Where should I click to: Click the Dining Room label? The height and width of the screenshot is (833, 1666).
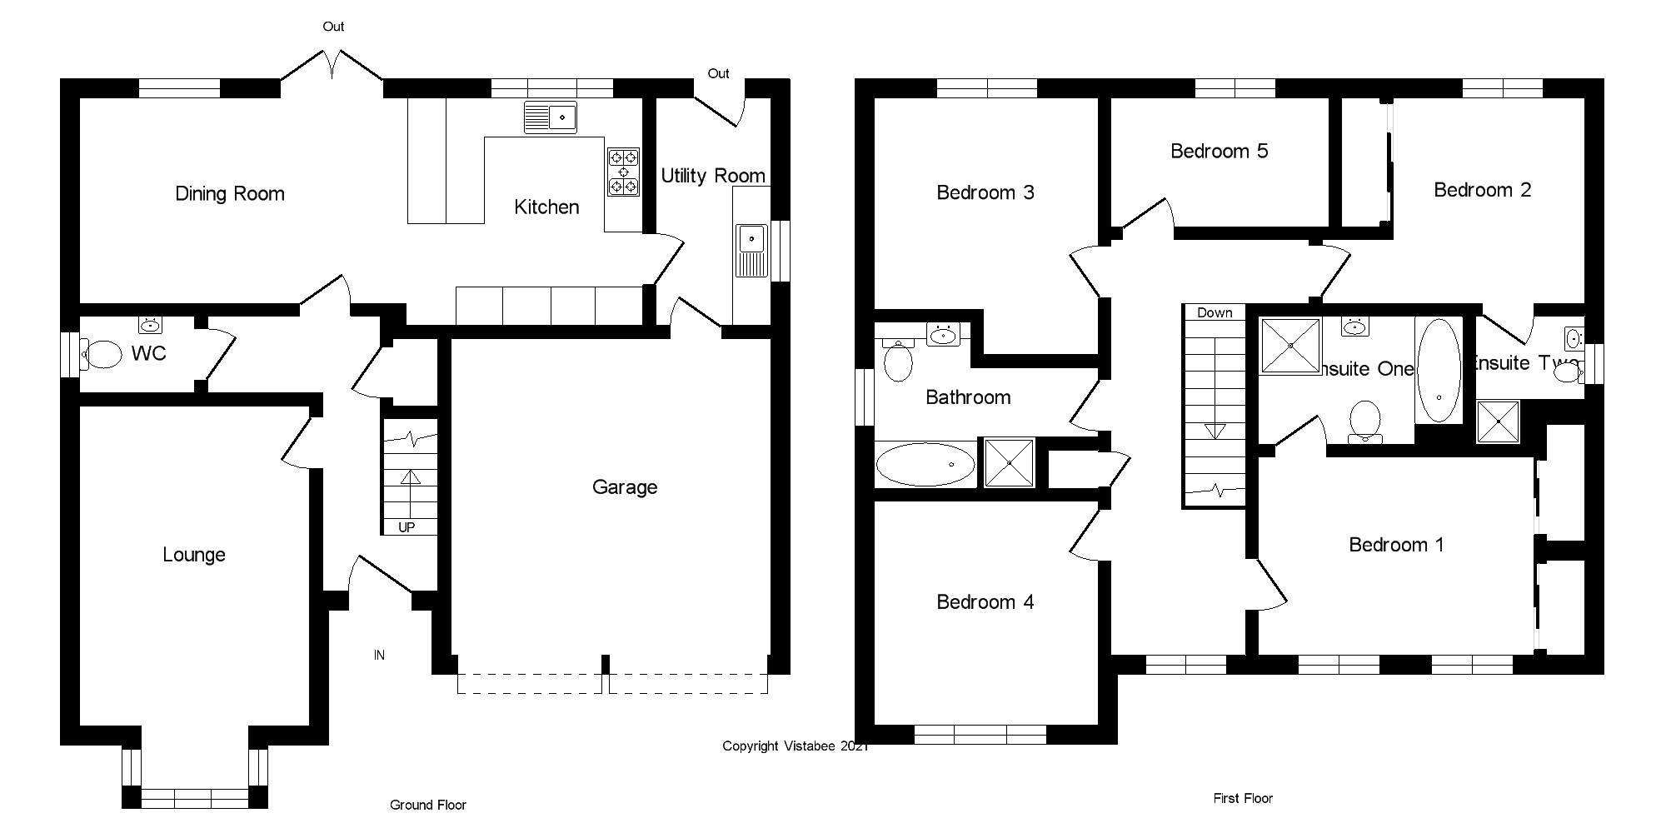pyautogui.click(x=230, y=194)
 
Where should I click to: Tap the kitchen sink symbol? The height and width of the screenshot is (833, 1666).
pyautogui.click(x=551, y=117)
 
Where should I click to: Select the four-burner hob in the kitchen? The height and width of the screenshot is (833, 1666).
pyautogui.click(x=623, y=172)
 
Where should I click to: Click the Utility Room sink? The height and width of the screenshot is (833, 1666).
pyautogui.click(x=752, y=251)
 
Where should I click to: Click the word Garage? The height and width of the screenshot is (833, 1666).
pyautogui.click(x=625, y=487)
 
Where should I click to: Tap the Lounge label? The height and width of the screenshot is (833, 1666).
pyautogui.click(x=194, y=555)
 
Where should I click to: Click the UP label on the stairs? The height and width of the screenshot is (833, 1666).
pyautogui.click(x=407, y=527)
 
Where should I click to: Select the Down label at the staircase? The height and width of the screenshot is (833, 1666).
pyautogui.click(x=1215, y=312)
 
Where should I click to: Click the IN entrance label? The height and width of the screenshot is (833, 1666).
pyautogui.click(x=379, y=656)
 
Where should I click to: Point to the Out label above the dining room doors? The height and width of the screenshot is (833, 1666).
pyautogui.click(x=333, y=27)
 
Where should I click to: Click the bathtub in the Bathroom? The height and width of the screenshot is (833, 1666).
pyautogui.click(x=925, y=464)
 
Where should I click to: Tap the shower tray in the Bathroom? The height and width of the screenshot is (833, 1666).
pyautogui.click(x=1010, y=462)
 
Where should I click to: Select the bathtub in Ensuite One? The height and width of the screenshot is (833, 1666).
pyautogui.click(x=1439, y=371)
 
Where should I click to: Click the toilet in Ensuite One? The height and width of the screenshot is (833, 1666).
pyautogui.click(x=1364, y=421)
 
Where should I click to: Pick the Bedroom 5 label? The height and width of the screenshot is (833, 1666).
pyautogui.click(x=1219, y=152)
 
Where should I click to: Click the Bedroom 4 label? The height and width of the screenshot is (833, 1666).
pyautogui.click(x=985, y=602)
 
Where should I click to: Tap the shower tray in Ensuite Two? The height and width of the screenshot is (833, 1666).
pyautogui.click(x=1498, y=421)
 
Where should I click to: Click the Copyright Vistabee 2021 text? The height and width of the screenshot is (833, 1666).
pyautogui.click(x=795, y=746)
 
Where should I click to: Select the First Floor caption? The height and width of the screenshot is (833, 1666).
pyautogui.click(x=1243, y=798)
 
